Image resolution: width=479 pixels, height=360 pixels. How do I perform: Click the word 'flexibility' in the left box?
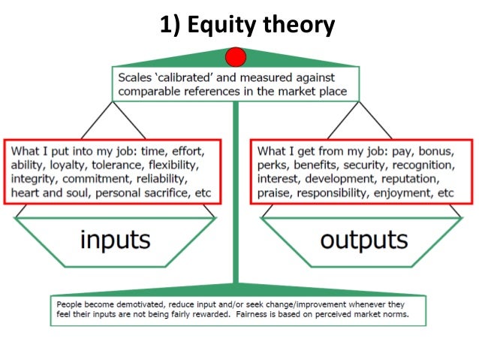pos(170,164)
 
